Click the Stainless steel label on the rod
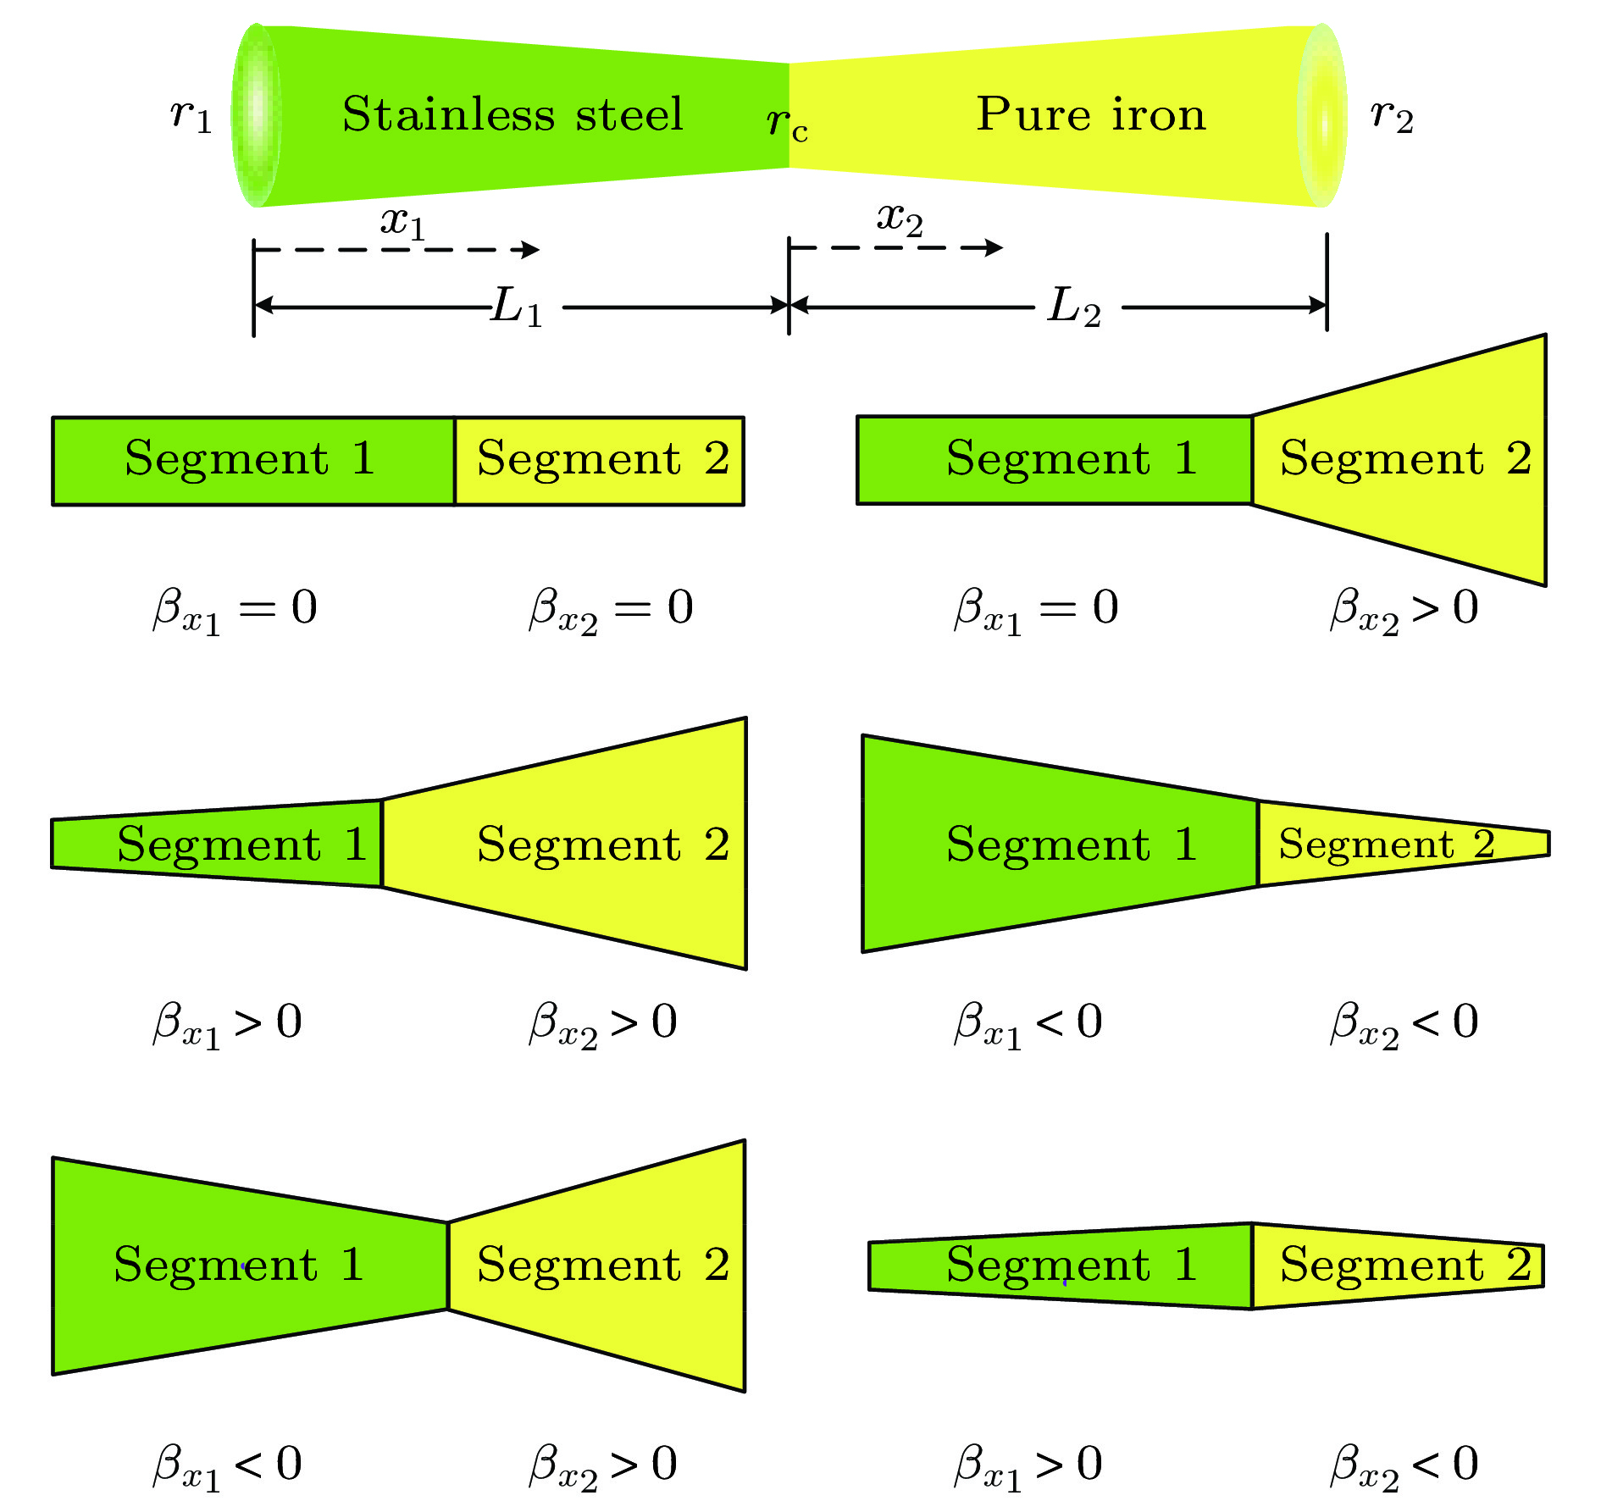(512, 114)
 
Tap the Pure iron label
(1090, 114)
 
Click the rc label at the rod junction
(787, 124)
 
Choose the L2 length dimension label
(1074, 307)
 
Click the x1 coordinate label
(402, 222)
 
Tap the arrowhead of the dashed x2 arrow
(994, 247)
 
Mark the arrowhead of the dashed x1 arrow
(531, 249)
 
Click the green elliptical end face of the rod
(257, 115)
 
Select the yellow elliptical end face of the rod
(1321, 115)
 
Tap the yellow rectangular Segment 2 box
(600, 461)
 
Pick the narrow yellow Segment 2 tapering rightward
(1389, 844)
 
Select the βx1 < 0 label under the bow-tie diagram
(227, 1466)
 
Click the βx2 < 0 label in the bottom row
(1404, 1466)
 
